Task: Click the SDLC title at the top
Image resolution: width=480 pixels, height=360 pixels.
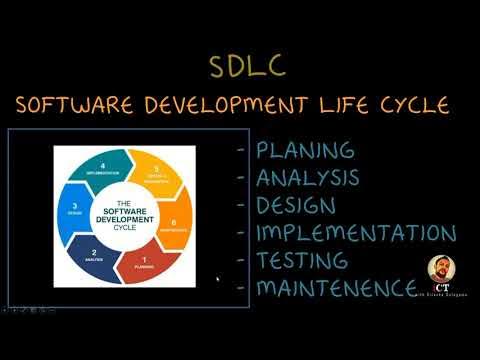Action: tap(248, 66)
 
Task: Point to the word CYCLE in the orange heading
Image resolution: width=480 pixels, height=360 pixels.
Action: tap(414, 105)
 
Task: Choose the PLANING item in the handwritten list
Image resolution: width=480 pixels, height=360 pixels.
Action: tap(304, 151)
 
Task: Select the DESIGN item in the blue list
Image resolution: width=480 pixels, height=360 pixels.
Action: tap(298, 206)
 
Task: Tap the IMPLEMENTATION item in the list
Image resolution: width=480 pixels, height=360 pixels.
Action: tap(356, 234)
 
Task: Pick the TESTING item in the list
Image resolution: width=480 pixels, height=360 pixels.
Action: tap(302, 261)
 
